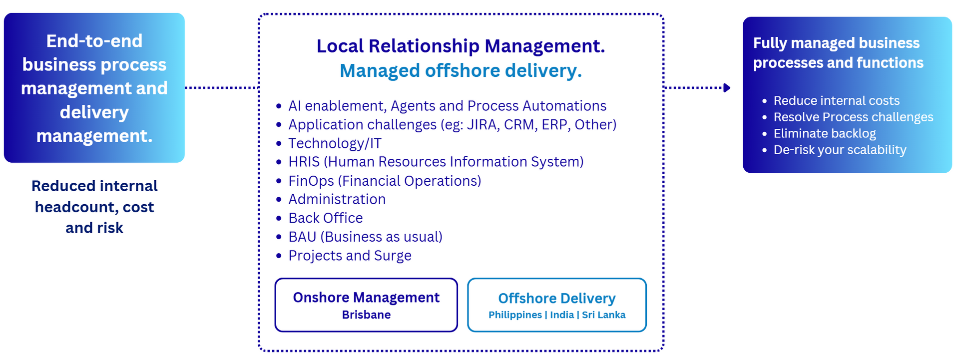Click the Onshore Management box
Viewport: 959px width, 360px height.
(x=366, y=305)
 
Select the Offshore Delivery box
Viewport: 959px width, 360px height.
(x=557, y=305)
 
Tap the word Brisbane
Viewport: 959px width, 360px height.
(x=366, y=315)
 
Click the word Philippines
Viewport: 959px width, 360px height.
(x=515, y=315)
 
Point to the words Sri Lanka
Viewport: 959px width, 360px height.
(x=604, y=315)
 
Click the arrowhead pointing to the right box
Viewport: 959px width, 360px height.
(x=727, y=88)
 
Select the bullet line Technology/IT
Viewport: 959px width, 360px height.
(x=335, y=144)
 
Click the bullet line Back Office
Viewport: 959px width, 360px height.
(x=326, y=218)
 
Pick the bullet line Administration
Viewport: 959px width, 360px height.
(x=337, y=199)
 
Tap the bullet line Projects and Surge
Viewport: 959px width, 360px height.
(x=350, y=256)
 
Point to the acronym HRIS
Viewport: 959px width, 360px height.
(x=304, y=162)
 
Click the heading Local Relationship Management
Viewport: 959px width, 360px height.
(x=461, y=46)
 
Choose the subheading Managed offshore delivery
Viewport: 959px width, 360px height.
(x=461, y=71)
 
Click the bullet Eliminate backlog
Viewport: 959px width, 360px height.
(x=825, y=133)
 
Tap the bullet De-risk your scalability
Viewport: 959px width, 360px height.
(x=840, y=150)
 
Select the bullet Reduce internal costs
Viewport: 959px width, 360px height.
(x=837, y=101)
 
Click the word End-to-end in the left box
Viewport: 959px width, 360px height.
(x=94, y=41)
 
